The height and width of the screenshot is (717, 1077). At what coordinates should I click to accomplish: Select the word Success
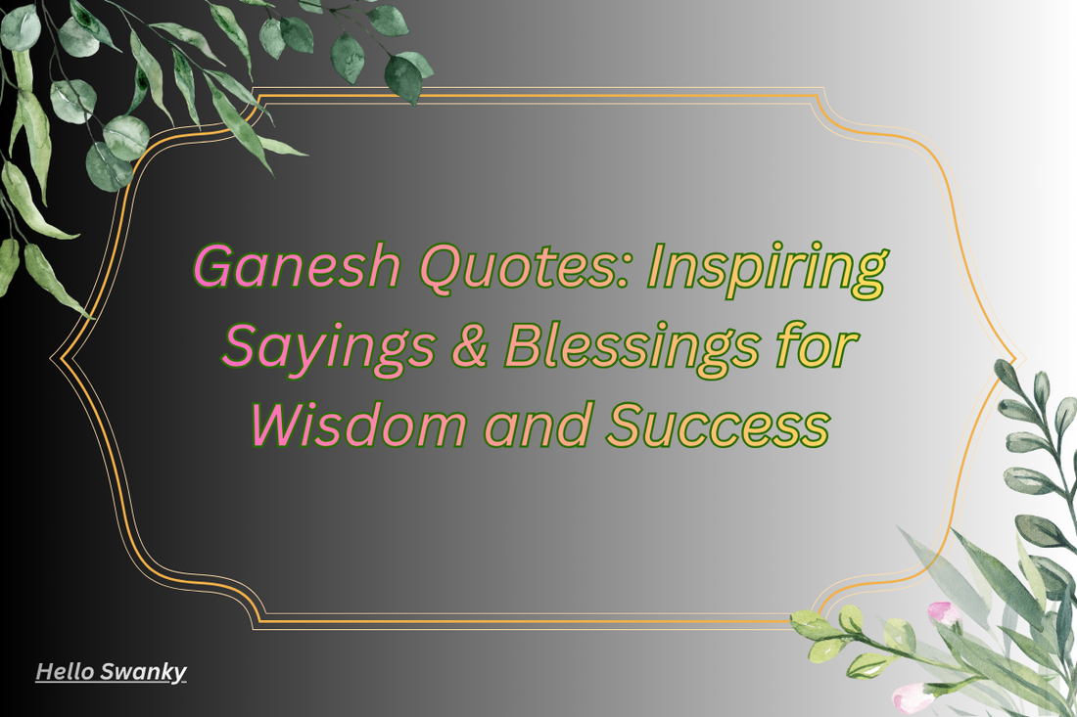coord(717,426)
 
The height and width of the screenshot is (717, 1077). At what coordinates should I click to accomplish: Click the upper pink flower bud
coord(942,612)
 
